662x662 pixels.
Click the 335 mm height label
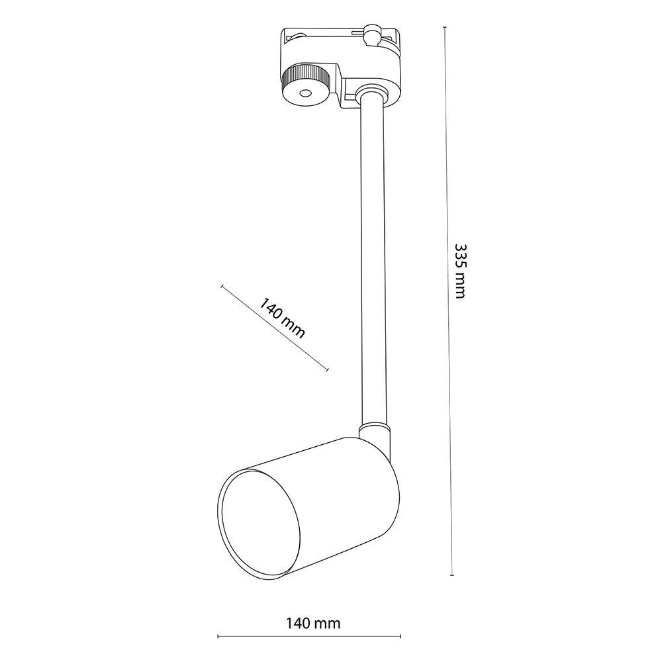click(x=460, y=271)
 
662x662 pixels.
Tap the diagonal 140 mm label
click(x=281, y=318)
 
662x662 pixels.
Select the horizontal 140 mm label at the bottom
click(x=313, y=623)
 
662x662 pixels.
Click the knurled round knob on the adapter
click(x=304, y=85)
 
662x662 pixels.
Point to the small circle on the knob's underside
click(x=304, y=93)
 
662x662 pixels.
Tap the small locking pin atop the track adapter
click(x=371, y=34)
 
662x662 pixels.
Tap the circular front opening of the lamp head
click(x=259, y=524)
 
